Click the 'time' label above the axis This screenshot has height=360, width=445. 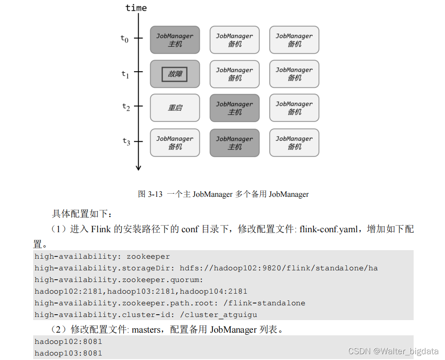coord(136,8)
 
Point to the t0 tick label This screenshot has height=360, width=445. coord(125,39)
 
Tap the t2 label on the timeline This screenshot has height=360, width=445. coord(126,107)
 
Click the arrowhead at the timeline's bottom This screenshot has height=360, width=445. coord(138,168)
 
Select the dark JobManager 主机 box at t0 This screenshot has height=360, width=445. coord(175,40)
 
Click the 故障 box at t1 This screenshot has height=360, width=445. coord(175,74)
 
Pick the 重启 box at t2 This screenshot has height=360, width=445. coord(175,108)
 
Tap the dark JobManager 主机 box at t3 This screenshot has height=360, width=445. coord(234,143)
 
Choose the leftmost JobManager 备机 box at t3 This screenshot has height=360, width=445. coord(175,143)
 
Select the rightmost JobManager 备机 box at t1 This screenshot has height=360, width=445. coord(294,74)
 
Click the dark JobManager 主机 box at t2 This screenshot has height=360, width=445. coord(234,108)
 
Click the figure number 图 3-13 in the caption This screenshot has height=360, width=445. coord(150,194)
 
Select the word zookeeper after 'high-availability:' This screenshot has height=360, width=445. coord(148,256)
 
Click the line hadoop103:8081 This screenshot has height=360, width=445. coord(68,353)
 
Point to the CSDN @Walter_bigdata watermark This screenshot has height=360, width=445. coord(393,351)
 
